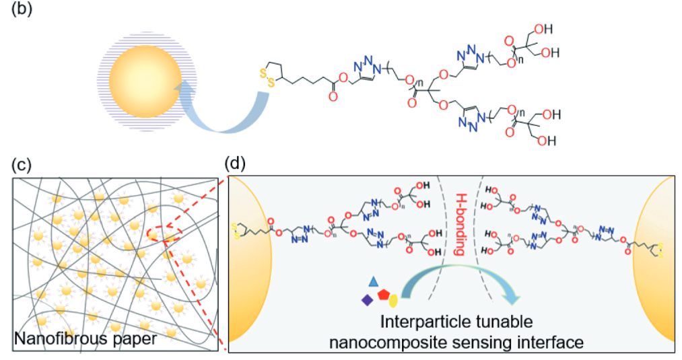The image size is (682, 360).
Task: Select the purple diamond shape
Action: point(367,299)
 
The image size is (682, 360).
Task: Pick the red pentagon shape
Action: point(384,295)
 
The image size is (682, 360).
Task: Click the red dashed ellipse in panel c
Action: point(155,234)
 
